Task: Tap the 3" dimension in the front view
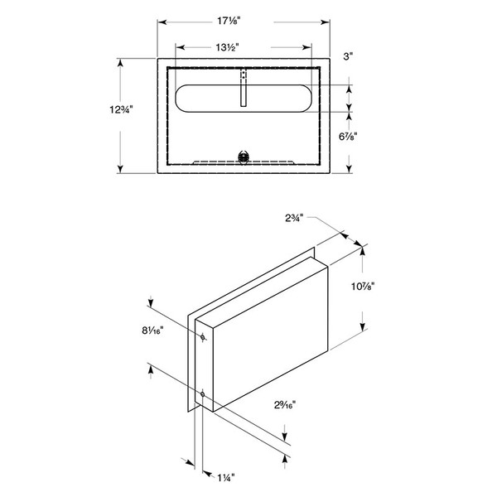click(349, 56)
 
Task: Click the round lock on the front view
click(244, 155)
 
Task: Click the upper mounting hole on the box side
click(202, 337)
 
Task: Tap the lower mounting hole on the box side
click(202, 393)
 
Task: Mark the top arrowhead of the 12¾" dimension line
click(121, 61)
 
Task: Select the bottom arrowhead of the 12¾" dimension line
click(121, 170)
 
